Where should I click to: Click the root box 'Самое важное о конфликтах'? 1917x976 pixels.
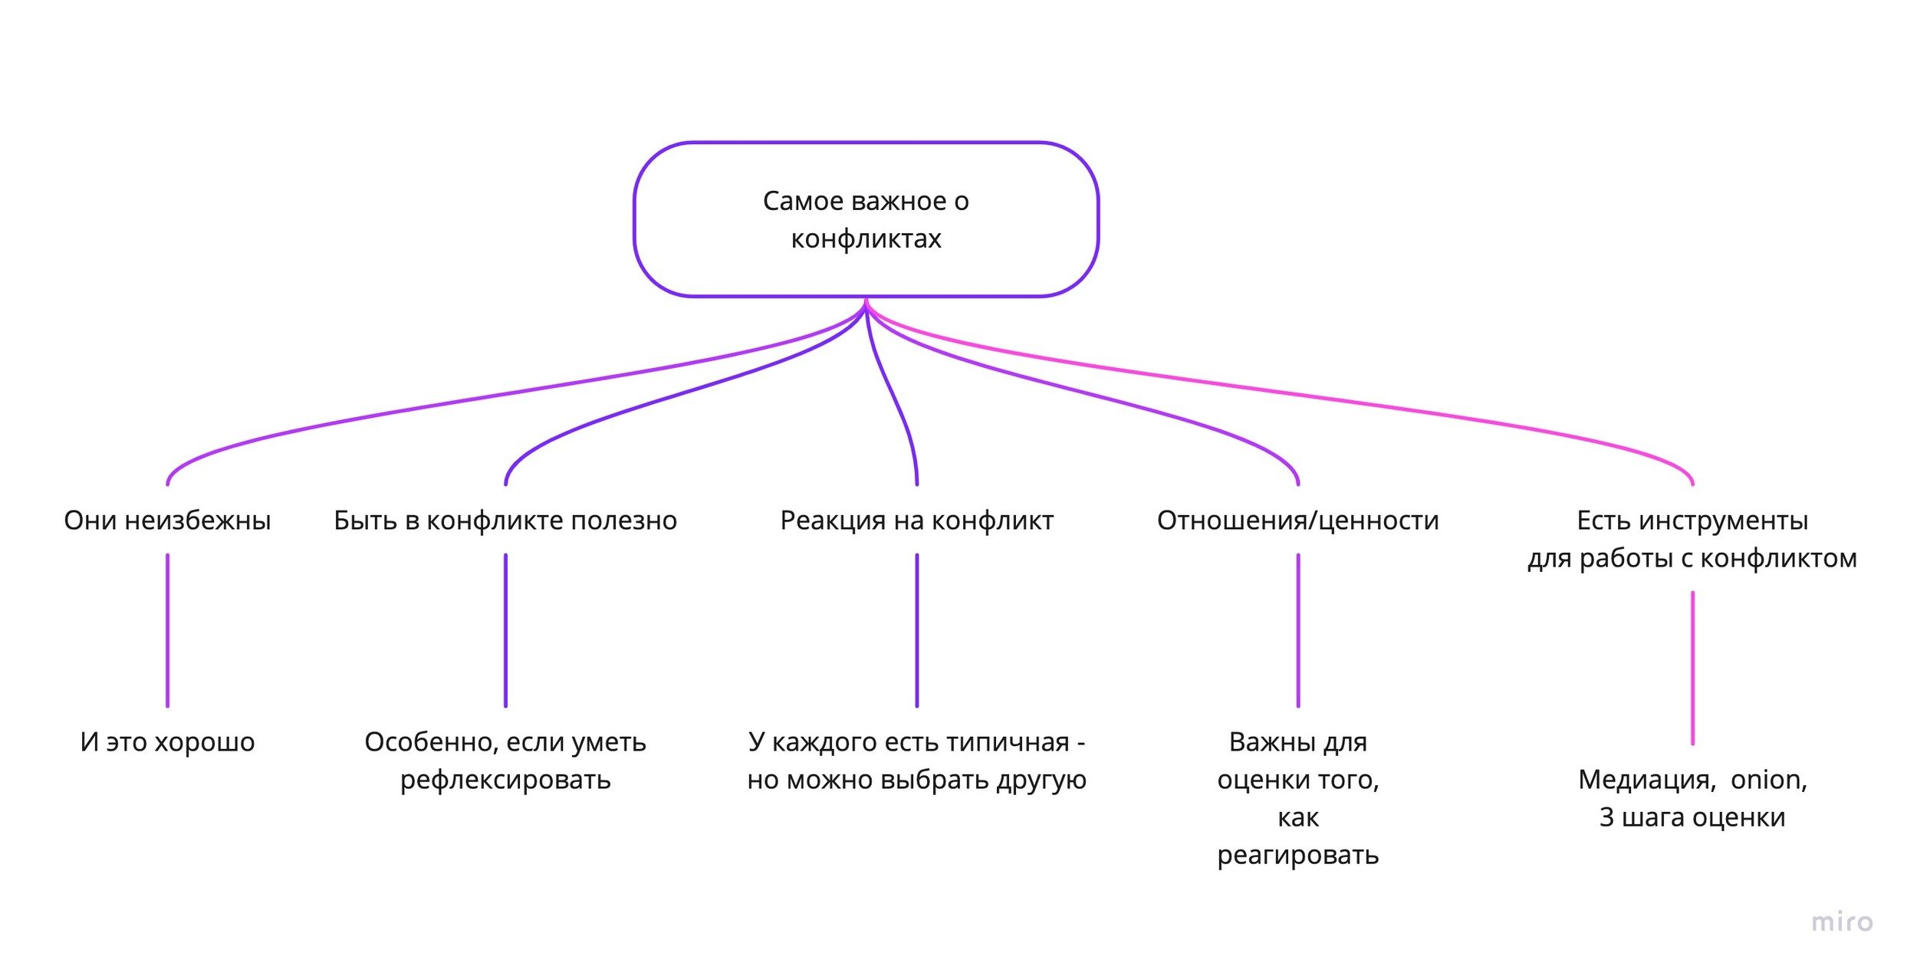(866, 219)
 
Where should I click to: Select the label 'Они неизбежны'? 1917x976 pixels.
(167, 521)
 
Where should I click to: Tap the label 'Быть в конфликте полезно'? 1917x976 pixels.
(505, 521)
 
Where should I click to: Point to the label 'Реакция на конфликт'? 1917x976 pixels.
(916, 521)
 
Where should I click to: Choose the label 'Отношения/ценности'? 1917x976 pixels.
(1297, 521)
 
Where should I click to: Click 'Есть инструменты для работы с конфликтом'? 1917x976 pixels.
(1692, 539)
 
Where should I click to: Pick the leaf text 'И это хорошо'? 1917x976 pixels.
(167, 742)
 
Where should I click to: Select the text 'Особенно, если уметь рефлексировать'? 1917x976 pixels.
(505, 761)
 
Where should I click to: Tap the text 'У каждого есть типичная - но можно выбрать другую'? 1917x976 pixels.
(916, 761)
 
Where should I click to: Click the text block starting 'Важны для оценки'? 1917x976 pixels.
(1297, 798)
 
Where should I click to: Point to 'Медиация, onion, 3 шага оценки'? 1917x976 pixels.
(1692, 798)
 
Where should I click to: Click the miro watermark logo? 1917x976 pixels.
(1842, 922)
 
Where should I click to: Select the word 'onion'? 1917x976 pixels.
(1767, 780)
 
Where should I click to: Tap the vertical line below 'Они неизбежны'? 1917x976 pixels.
(167, 630)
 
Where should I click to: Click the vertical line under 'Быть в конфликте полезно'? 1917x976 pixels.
(505, 630)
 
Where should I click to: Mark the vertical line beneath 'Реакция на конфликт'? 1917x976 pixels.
(916, 630)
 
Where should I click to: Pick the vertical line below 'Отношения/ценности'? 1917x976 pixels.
(1297, 630)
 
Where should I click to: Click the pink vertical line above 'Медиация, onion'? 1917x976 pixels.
(1692, 667)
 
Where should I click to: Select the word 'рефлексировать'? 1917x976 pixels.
(505, 780)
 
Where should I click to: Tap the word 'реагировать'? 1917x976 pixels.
(1297, 855)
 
